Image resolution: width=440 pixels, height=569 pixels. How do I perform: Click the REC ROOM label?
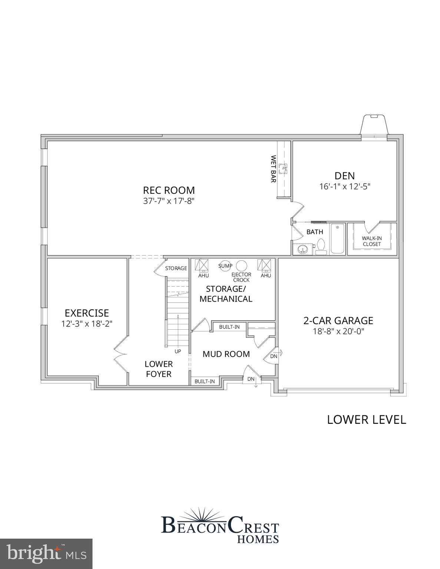click(x=169, y=190)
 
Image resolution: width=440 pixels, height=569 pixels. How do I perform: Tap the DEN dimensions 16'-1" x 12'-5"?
click(x=345, y=186)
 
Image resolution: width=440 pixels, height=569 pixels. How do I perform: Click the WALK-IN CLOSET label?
click(x=372, y=241)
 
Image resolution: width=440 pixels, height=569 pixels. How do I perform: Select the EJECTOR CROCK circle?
click(x=242, y=266)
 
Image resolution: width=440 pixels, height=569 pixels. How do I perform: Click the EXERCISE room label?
click(x=87, y=313)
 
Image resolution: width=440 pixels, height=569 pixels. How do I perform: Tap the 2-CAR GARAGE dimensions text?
click(x=338, y=331)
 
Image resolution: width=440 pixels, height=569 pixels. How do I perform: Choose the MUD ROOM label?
click(x=226, y=354)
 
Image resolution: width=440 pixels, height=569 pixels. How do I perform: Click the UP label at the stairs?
click(x=178, y=351)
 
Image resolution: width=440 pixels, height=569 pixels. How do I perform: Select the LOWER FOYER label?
click(x=159, y=369)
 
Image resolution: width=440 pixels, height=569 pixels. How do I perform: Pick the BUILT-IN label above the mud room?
click(x=229, y=327)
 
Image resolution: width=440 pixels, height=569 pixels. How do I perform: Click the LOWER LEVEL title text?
click(x=366, y=419)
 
